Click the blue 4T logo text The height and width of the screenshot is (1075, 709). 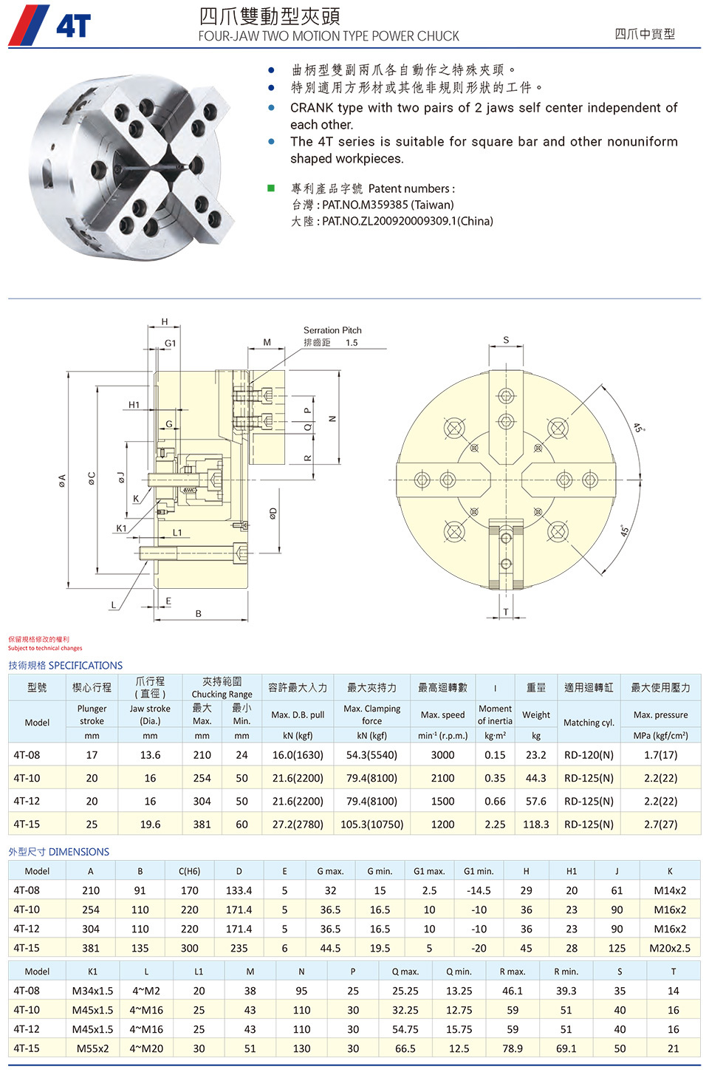(x=73, y=26)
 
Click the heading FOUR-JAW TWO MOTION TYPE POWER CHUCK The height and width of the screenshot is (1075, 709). (x=329, y=36)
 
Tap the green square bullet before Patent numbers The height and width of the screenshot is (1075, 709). (x=271, y=188)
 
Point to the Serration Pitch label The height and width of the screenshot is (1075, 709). (x=332, y=330)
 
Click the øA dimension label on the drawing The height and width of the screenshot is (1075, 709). (x=62, y=480)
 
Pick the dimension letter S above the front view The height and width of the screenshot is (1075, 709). (x=506, y=340)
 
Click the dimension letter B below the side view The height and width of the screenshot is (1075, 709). (x=199, y=613)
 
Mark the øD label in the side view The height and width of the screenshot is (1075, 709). (x=273, y=513)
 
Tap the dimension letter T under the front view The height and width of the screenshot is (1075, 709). (x=506, y=612)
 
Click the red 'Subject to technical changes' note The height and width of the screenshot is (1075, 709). (x=45, y=648)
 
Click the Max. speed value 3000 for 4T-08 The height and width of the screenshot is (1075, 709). (x=442, y=755)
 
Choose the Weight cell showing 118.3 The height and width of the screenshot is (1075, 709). (x=535, y=824)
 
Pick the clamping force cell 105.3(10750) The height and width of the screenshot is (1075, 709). (x=371, y=824)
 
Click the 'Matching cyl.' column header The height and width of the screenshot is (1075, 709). (x=589, y=723)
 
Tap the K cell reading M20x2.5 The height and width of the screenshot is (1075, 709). (x=670, y=948)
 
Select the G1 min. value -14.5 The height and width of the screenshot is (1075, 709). (x=479, y=890)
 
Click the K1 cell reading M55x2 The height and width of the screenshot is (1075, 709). (x=92, y=1048)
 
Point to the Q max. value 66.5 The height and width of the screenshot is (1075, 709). (x=405, y=1048)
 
